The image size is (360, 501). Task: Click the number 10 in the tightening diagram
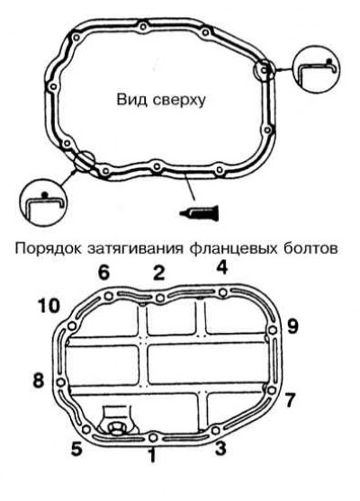(x=49, y=306)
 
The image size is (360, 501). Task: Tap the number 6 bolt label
(x=103, y=273)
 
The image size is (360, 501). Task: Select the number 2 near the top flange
(x=158, y=273)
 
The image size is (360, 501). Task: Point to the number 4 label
(x=221, y=267)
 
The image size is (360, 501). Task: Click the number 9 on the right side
(x=292, y=327)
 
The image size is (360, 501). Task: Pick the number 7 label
(x=289, y=400)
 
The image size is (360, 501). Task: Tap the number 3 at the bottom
(x=220, y=448)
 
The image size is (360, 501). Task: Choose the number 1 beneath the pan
(x=152, y=455)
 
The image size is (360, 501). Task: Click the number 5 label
(x=76, y=450)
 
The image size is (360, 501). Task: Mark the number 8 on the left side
(x=39, y=380)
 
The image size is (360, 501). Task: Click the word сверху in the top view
(x=179, y=100)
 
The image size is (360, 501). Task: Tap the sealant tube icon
(x=200, y=212)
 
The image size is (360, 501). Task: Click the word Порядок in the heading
(x=49, y=248)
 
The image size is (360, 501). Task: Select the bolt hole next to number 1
(x=153, y=437)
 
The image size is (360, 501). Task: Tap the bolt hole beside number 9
(x=273, y=330)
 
